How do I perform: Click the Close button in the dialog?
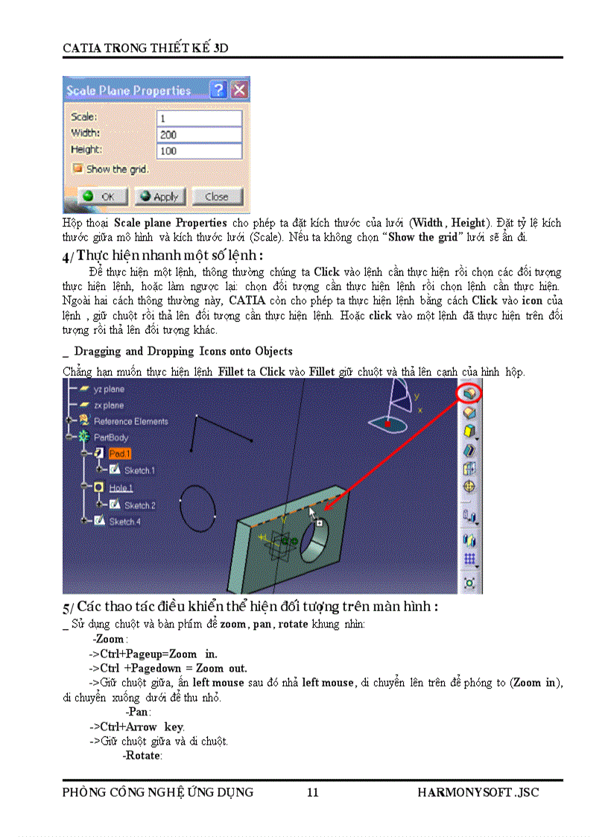click(x=217, y=197)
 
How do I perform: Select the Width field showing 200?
click(x=199, y=135)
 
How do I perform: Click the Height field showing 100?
click(x=199, y=151)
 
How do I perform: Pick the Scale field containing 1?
click(x=199, y=119)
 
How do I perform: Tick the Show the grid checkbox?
click(x=77, y=169)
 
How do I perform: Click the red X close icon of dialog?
click(x=239, y=90)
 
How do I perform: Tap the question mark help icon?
click(x=218, y=90)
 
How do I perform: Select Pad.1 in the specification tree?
click(x=119, y=454)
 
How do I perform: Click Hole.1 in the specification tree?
click(x=121, y=488)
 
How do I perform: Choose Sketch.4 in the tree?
click(x=124, y=522)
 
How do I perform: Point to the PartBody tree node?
click(x=110, y=438)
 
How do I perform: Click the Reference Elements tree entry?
click(x=130, y=421)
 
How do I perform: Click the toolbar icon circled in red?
click(x=469, y=392)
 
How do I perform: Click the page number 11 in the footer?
click(x=313, y=792)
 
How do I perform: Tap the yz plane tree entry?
click(x=109, y=389)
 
